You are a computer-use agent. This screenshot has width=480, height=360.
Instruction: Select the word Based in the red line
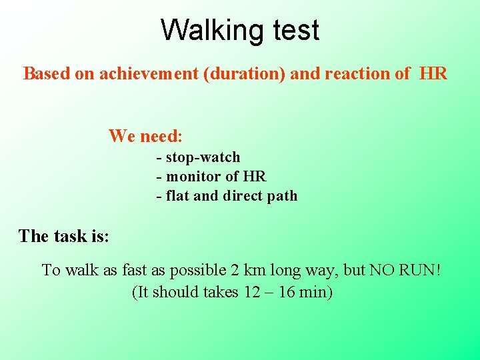[x=47, y=73]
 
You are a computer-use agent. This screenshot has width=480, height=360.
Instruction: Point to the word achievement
[x=149, y=73]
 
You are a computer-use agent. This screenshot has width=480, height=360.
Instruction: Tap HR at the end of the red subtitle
[x=433, y=73]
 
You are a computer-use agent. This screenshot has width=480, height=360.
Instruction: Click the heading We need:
[x=145, y=136]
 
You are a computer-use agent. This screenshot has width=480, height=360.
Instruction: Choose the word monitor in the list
[x=193, y=177]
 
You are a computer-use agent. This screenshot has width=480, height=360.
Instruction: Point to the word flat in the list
[x=177, y=196]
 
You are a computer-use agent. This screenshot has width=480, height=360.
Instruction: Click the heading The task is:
[x=64, y=236]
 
